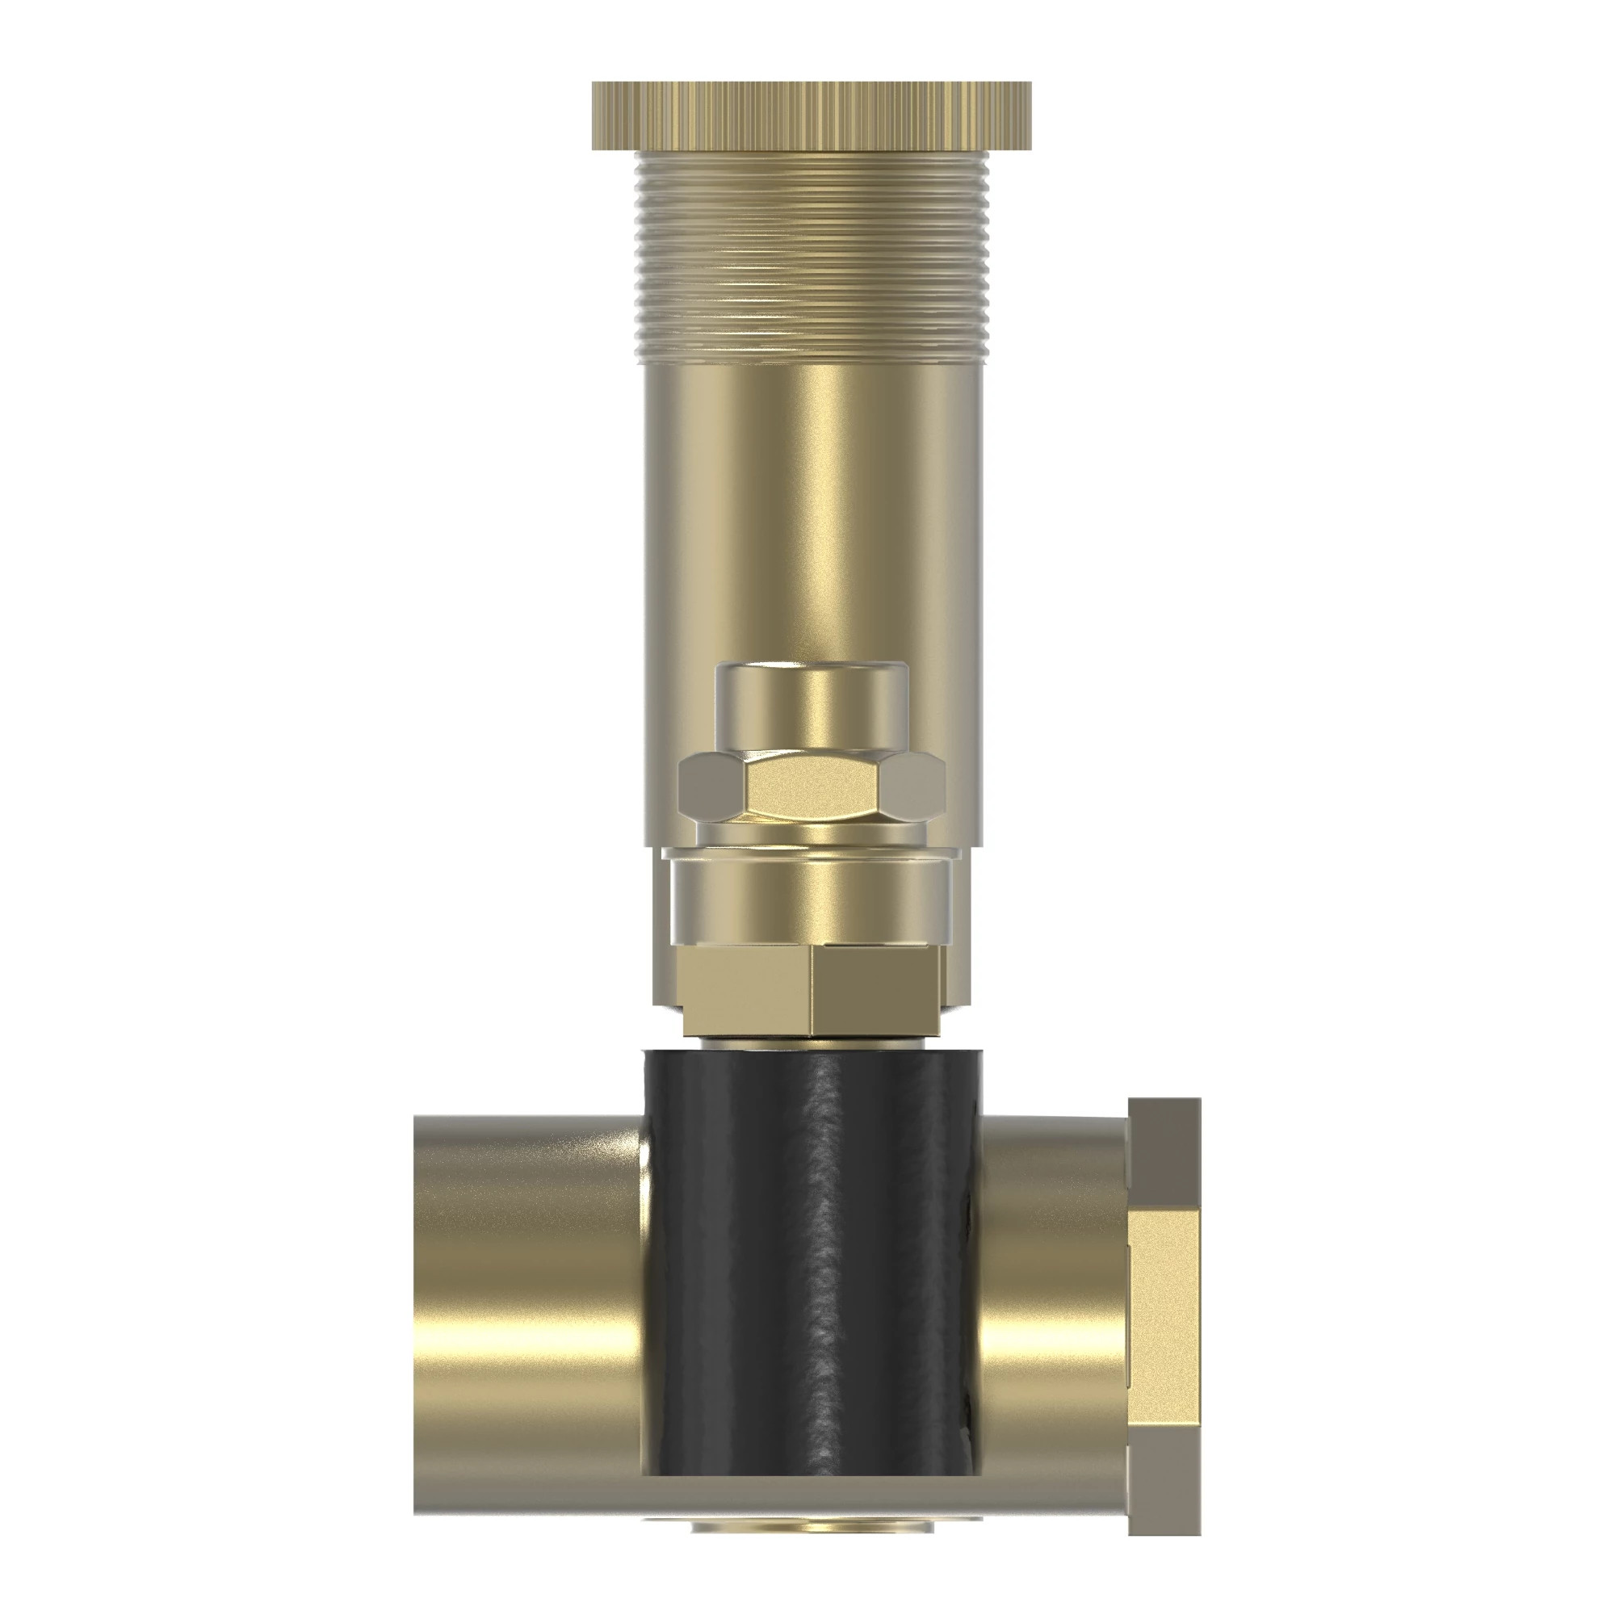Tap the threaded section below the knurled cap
811,259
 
